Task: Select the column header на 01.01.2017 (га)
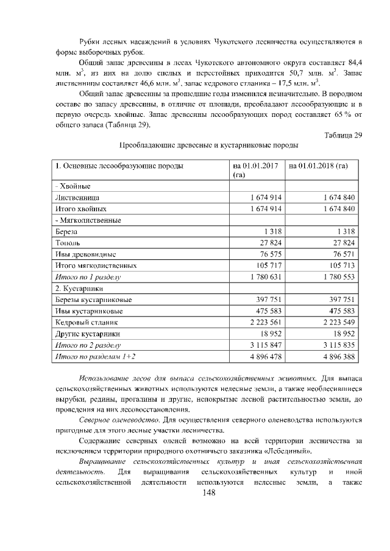point(252,169)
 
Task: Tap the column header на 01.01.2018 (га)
point(317,165)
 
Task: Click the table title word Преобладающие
point(147,146)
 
